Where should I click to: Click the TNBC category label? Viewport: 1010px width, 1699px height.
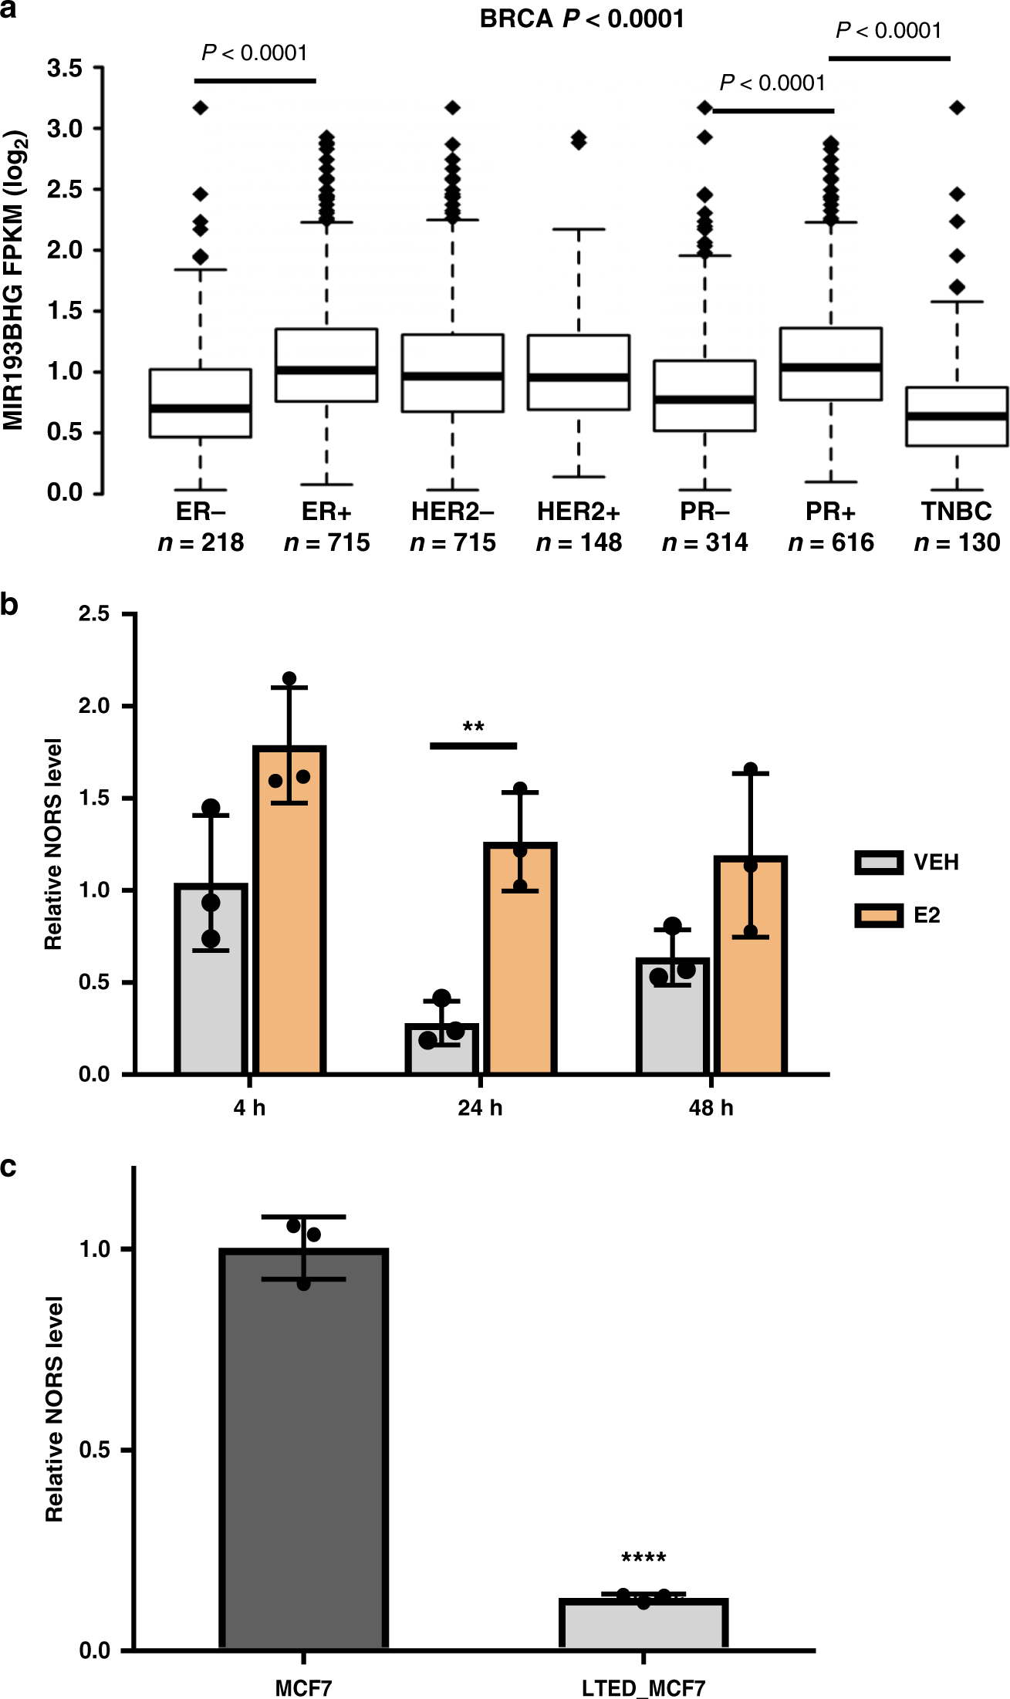[956, 512]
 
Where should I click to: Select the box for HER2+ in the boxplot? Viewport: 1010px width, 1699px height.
[579, 372]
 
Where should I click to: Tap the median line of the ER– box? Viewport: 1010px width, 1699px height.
[201, 408]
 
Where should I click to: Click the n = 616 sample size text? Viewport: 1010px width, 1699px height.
[830, 543]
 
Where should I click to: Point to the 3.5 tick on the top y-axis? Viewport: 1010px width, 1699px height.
[65, 69]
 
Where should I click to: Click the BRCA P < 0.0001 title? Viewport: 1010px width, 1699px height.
[582, 19]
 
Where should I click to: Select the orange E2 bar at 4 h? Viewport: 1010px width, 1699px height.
[289, 910]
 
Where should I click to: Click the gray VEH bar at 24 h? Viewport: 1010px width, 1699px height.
[442, 1049]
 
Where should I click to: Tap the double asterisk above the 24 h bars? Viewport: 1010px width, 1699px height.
[473, 728]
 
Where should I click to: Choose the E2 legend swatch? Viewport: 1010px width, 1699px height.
[879, 916]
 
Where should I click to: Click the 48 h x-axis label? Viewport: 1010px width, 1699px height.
[711, 1108]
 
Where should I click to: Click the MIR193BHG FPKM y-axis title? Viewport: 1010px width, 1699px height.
[15, 281]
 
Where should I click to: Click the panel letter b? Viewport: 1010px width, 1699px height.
[9, 605]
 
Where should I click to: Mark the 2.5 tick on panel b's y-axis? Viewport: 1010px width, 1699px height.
[94, 614]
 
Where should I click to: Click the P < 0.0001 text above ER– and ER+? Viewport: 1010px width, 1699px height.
[255, 53]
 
